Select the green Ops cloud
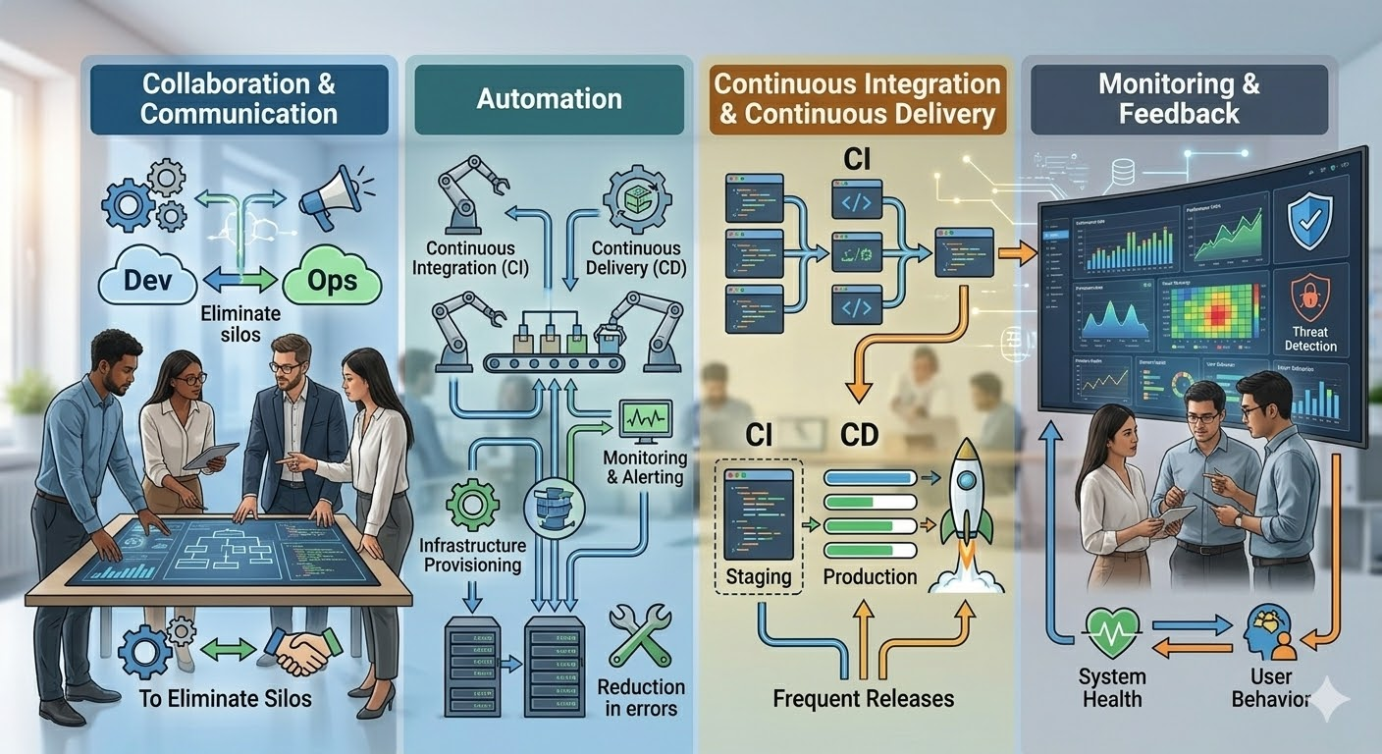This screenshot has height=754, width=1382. [x=333, y=282]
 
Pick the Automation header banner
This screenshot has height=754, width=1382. [x=549, y=99]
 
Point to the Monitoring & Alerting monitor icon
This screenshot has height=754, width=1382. [x=645, y=421]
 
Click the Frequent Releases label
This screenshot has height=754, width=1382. [x=863, y=699]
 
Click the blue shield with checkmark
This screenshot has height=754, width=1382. [x=1308, y=225]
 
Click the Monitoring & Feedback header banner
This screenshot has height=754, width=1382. [x=1179, y=98]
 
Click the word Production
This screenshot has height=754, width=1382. [x=870, y=576]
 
